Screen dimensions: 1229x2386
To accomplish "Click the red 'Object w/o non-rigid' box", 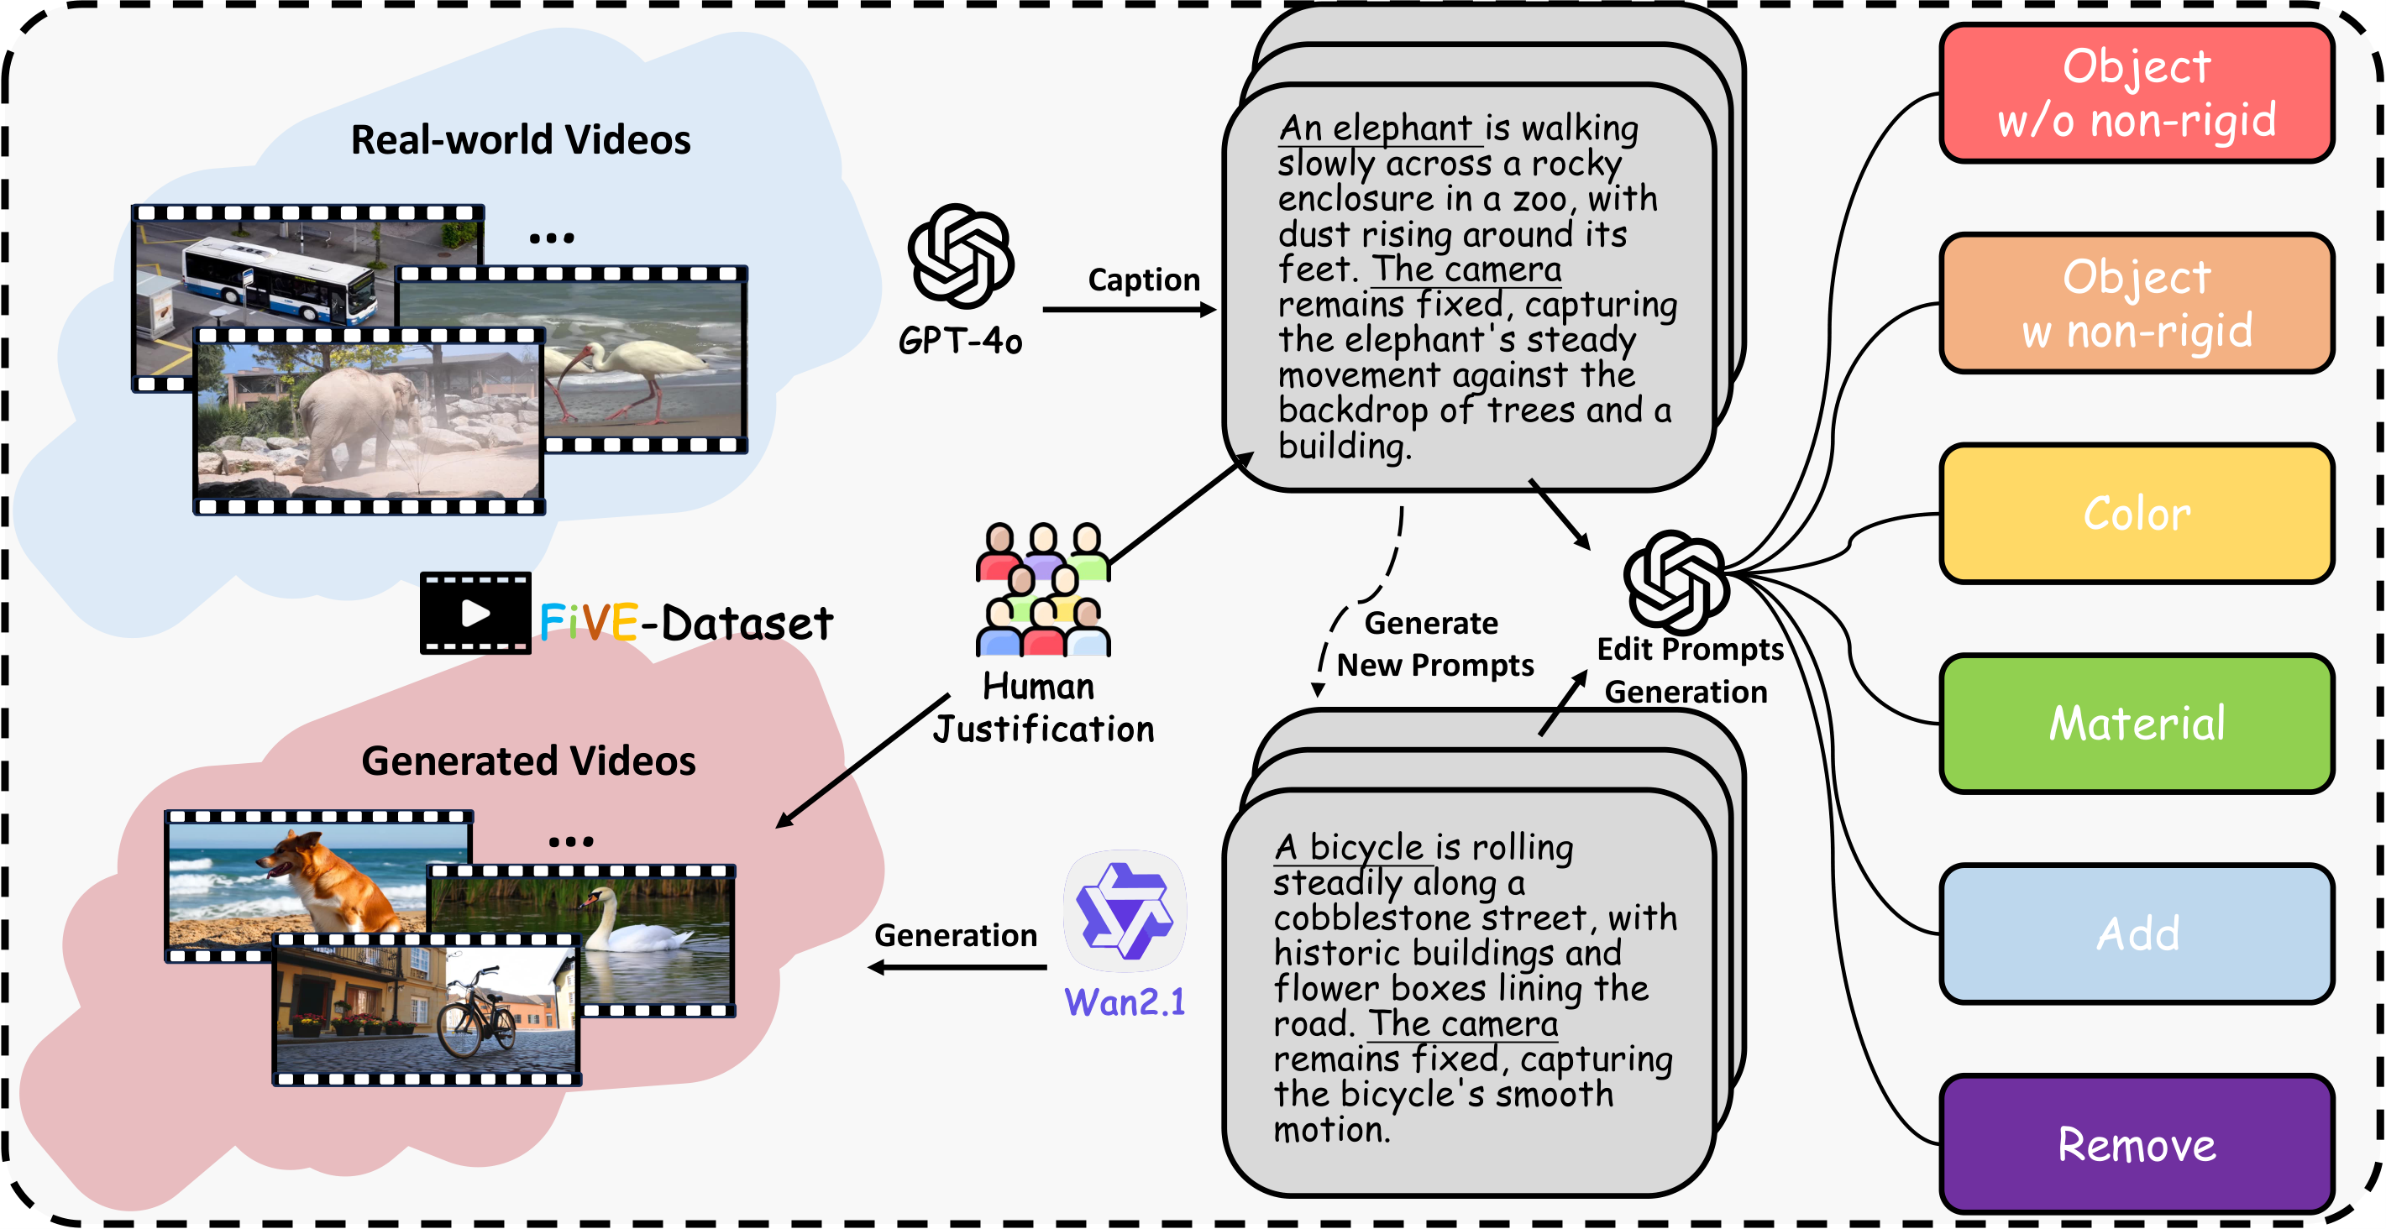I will tap(2136, 93).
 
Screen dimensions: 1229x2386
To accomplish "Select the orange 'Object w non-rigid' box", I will tap(2136, 304).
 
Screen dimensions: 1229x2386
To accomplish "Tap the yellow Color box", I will tap(2136, 514).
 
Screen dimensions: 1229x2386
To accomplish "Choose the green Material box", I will tap(2136, 724).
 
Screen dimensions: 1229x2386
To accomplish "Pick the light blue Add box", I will tap(2136, 934).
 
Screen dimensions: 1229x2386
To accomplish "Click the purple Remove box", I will tap(2136, 1145).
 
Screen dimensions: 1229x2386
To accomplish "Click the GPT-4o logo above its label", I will tap(961, 257).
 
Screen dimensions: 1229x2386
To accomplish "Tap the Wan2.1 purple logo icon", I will tap(1125, 912).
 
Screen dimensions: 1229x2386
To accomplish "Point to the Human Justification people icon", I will tap(1043, 590).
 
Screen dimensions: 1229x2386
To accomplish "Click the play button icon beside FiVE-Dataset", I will tap(475, 613).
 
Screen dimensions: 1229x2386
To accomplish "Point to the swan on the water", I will tap(630, 926).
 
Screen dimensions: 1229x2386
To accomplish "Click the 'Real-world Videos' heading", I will tap(521, 140).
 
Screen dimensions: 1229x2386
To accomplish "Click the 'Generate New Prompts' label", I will tap(1434, 644).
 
